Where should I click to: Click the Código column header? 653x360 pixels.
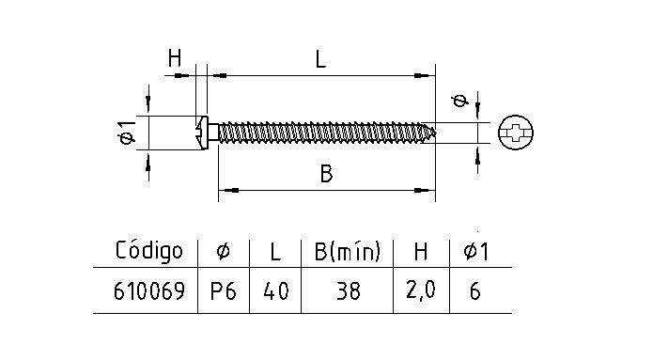(x=148, y=251)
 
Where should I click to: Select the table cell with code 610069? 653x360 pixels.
(x=148, y=292)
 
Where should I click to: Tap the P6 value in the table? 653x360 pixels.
(x=223, y=292)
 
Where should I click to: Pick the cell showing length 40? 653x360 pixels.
(x=275, y=292)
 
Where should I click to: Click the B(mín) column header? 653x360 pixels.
(x=346, y=251)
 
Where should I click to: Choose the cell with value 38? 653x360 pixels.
(x=346, y=292)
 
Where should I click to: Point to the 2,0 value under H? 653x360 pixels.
(x=422, y=292)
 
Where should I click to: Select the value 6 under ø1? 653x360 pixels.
(x=474, y=292)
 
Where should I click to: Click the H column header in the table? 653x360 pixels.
(x=422, y=251)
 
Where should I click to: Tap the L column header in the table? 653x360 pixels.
(x=275, y=251)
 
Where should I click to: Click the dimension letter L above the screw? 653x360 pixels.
(x=320, y=58)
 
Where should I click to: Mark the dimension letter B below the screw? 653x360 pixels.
(x=326, y=174)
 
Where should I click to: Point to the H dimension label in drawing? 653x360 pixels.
(x=174, y=58)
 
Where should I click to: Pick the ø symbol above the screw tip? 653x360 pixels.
(x=459, y=101)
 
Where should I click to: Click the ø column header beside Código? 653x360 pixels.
(x=223, y=251)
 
